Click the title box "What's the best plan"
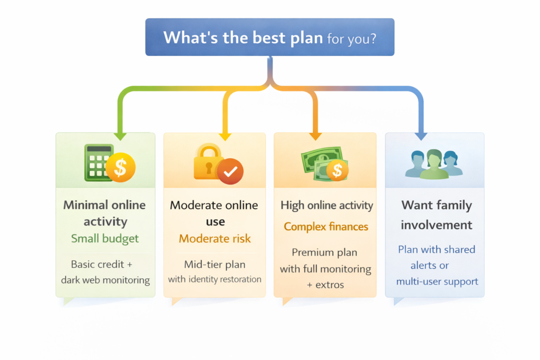[269, 37]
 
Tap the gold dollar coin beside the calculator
[121, 168]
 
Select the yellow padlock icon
[210, 162]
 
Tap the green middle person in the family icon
[434, 164]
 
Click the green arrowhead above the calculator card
[121, 135]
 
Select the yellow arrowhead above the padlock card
[226, 135]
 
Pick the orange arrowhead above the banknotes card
[315, 135]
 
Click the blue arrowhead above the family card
[421, 135]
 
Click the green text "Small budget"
[105, 238]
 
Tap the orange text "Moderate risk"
[215, 239]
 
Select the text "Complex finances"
[326, 227]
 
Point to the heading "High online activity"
[326, 206]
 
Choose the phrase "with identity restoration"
[215, 279]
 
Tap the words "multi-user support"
[437, 281]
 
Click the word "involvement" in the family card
[436, 225]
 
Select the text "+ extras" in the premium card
[326, 285]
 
